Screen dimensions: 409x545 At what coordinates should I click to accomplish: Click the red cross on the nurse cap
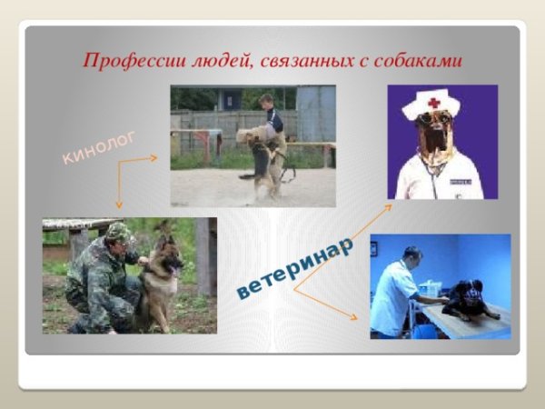(433, 102)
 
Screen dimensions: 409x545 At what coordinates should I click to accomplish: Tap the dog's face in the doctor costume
(434, 132)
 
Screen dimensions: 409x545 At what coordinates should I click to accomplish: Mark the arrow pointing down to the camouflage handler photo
(118, 191)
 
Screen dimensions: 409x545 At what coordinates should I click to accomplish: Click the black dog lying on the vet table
(468, 300)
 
